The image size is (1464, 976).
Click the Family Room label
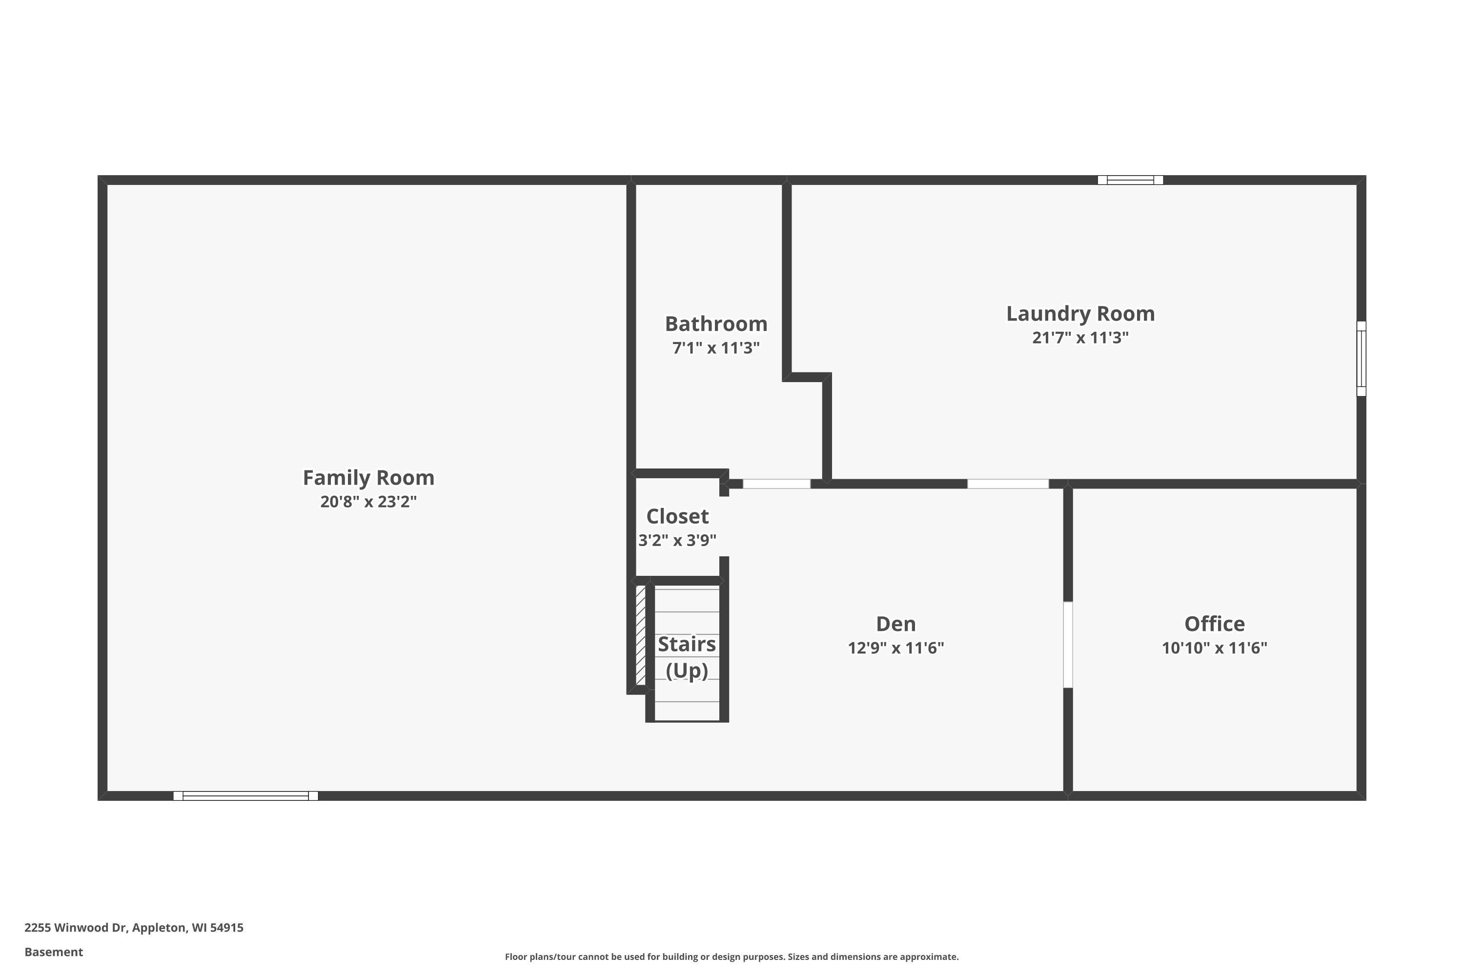tap(368, 478)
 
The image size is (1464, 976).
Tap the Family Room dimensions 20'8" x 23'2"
tap(368, 502)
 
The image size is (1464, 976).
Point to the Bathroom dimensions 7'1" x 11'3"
tap(716, 348)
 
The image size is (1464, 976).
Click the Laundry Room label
tap(1080, 314)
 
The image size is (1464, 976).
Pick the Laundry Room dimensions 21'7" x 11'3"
tap(1080, 337)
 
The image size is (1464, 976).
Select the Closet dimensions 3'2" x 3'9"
tap(677, 540)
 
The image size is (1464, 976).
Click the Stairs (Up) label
tap(687, 657)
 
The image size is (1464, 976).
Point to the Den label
tap(895, 624)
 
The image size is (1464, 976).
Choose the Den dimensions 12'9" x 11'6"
tap(895, 648)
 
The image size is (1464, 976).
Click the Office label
tap(1215, 624)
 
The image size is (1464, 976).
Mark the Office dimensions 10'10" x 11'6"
tap(1215, 648)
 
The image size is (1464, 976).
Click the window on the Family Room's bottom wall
tap(246, 795)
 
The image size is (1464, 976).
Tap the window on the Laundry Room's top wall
tap(1130, 180)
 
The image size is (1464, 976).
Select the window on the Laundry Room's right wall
tap(1362, 359)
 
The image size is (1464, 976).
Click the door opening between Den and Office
tap(1068, 644)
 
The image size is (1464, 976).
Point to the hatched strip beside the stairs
tap(640, 635)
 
